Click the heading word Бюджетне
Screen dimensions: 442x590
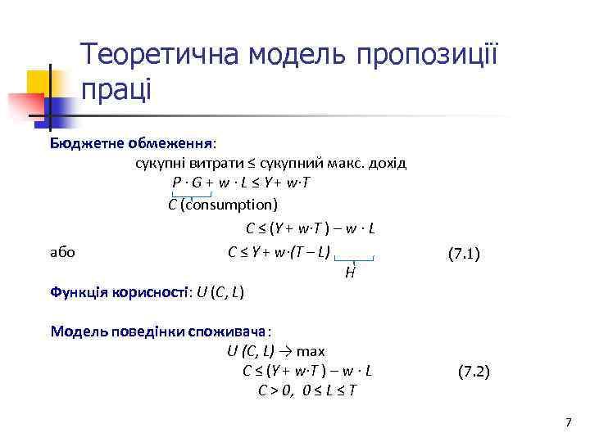[84, 143]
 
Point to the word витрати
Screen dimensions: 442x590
[206, 163]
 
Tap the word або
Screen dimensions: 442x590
[63, 252]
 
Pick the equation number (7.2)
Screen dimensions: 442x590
[474, 371]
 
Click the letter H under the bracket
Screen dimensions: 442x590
[350, 273]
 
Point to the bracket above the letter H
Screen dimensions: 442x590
[354, 259]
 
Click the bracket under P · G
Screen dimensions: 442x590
[192, 195]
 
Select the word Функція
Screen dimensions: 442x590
[76, 291]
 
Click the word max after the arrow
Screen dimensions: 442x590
[311, 352]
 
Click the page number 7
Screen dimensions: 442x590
[568, 422]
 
